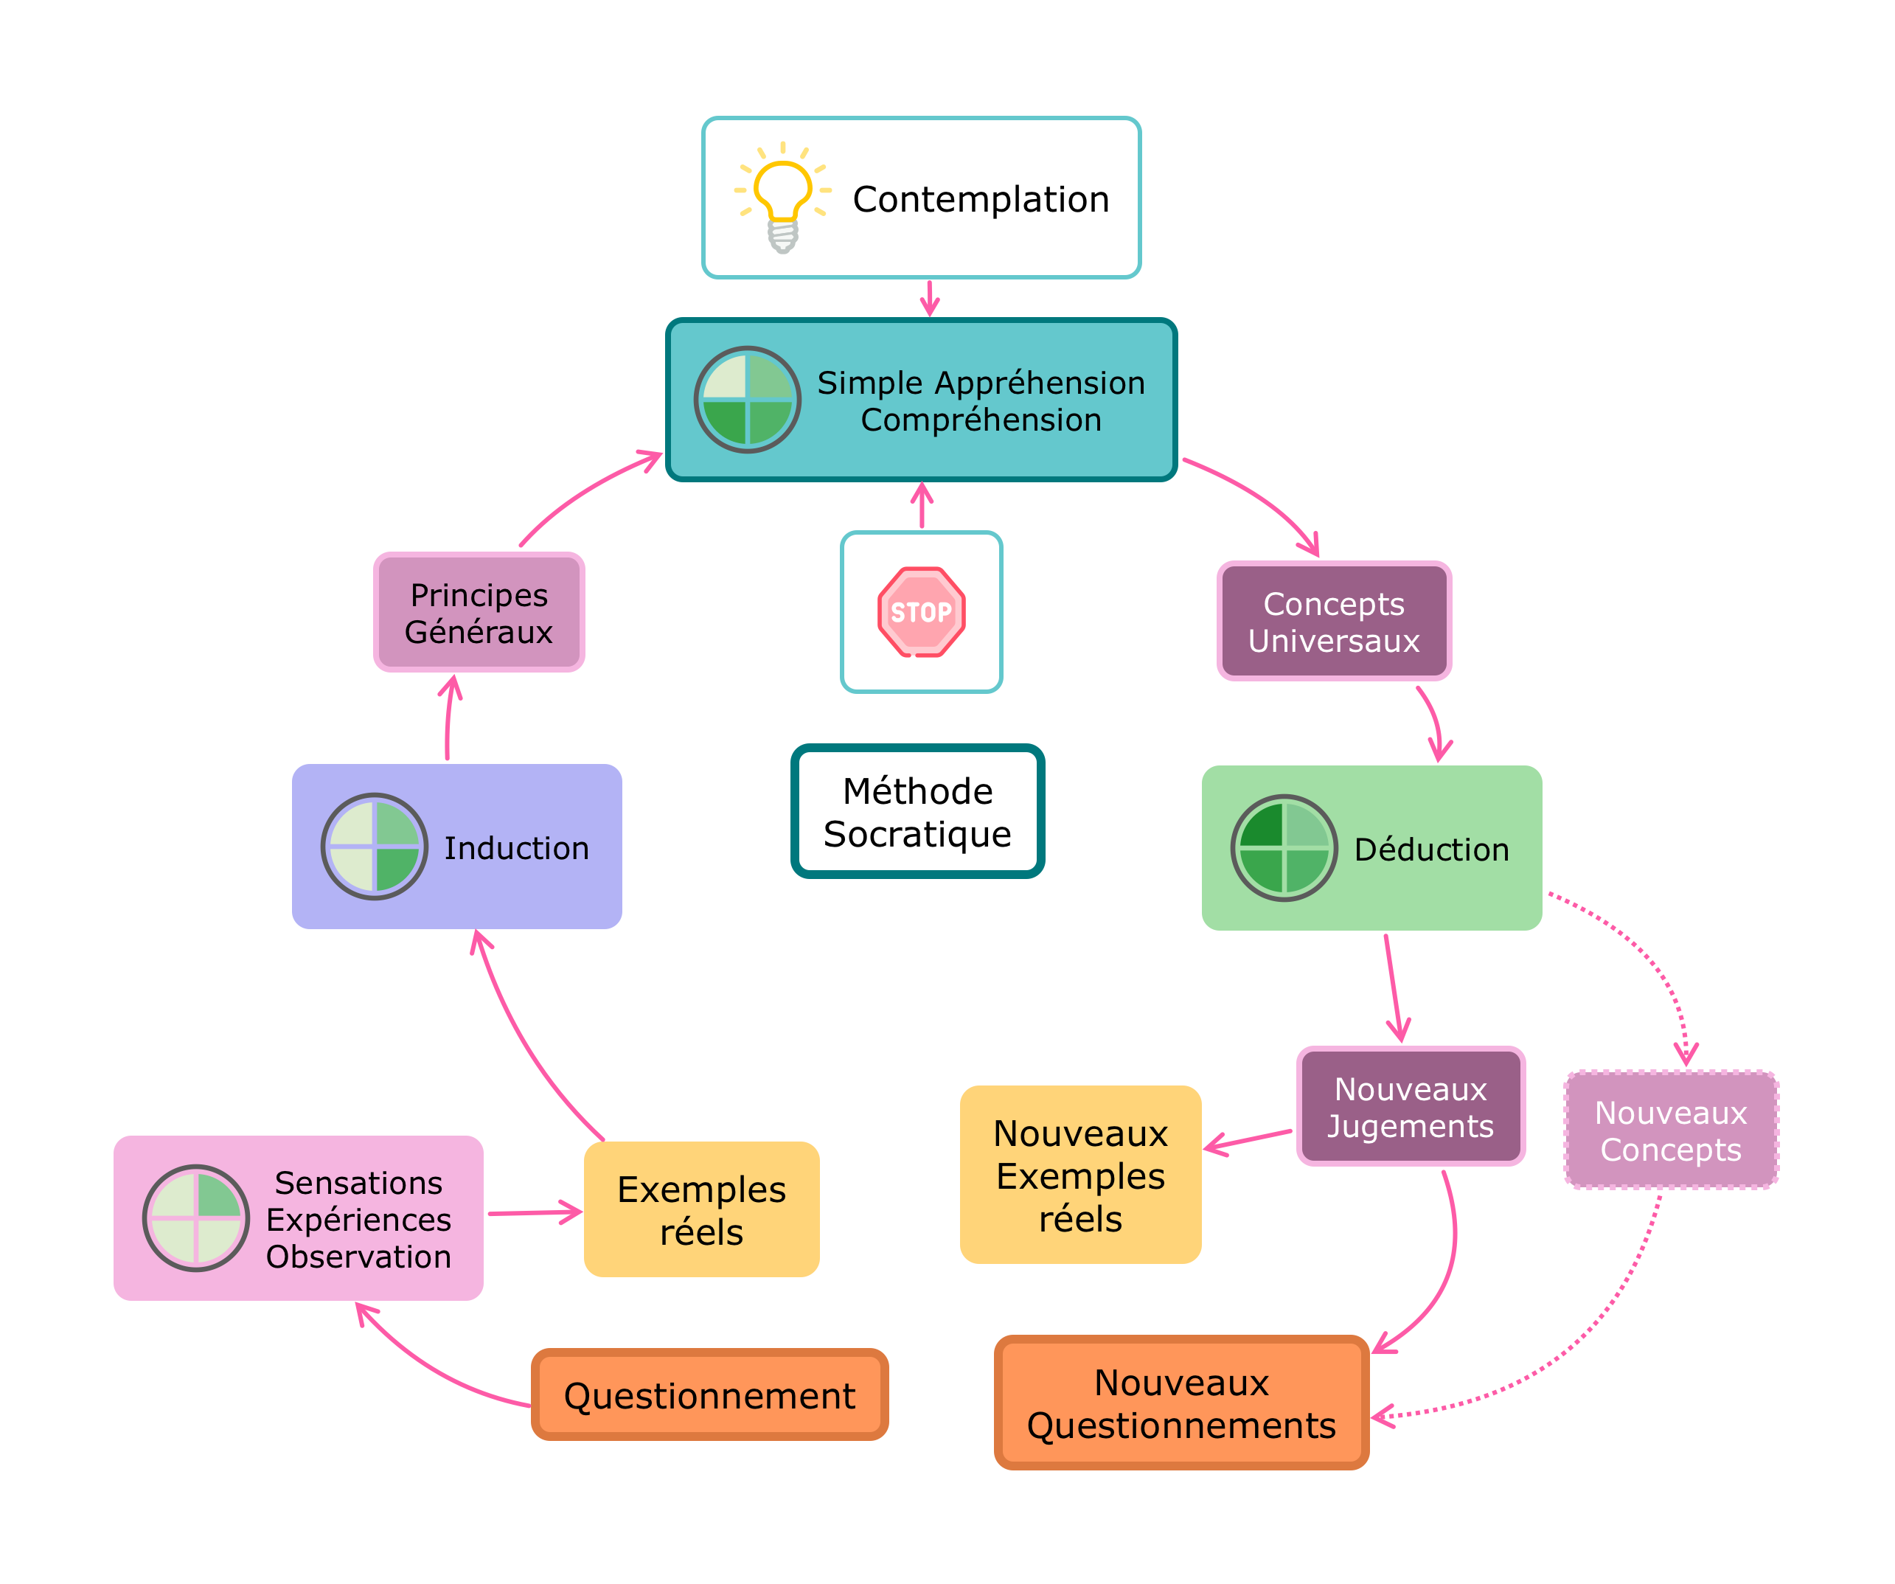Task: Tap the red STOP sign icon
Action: click(922, 612)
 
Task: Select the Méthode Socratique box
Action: click(918, 811)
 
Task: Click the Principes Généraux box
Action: click(479, 613)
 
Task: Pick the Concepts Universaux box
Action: click(1334, 621)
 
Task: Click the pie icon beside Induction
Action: click(375, 847)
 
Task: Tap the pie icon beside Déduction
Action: click(1284, 847)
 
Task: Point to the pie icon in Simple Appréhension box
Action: click(747, 399)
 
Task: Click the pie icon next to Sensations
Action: click(196, 1217)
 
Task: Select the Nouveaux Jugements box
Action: click(1411, 1107)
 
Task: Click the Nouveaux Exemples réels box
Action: click(1080, 1175)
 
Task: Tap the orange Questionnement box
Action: click(709, 1395)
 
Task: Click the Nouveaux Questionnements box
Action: click(1181, 1403)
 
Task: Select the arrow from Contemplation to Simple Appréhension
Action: click(930, 298)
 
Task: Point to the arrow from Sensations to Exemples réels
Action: click(534, 1213)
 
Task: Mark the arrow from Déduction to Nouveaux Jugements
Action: click(1394, 988)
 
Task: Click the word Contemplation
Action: click(981, 198)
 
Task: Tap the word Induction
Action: click(516, 848)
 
